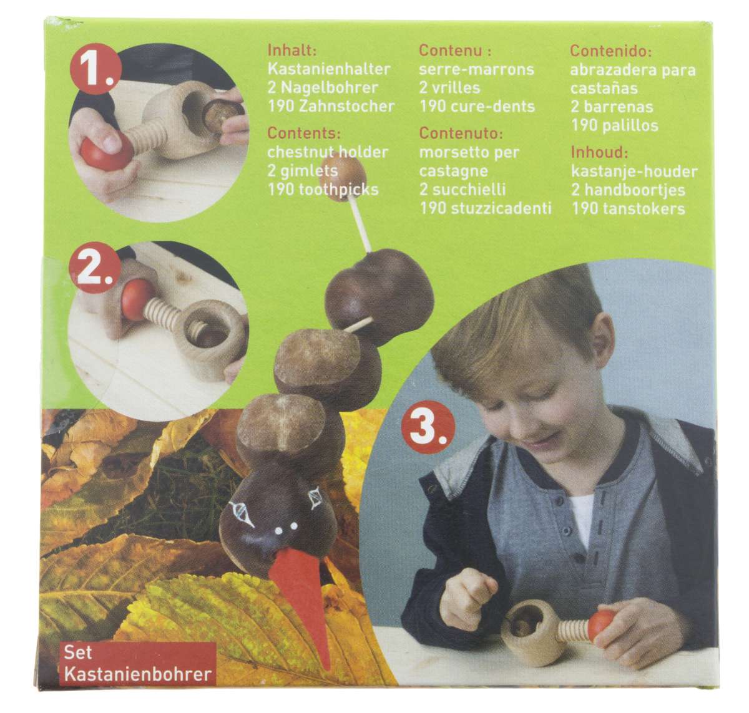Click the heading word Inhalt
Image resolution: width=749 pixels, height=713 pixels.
tap(292, 50)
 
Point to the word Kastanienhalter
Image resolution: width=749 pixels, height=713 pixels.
tap(329, 69)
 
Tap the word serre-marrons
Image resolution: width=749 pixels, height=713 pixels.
tap(476, 69)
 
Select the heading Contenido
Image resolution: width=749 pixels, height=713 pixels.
tap(610, 51)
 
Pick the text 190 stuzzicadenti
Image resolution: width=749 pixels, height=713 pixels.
tap(486, 208)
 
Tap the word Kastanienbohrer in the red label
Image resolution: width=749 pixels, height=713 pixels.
tap(137, 674)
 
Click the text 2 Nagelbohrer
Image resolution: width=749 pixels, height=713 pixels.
tap(323, 87)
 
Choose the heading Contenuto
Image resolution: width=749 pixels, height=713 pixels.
tap(461, 133)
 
